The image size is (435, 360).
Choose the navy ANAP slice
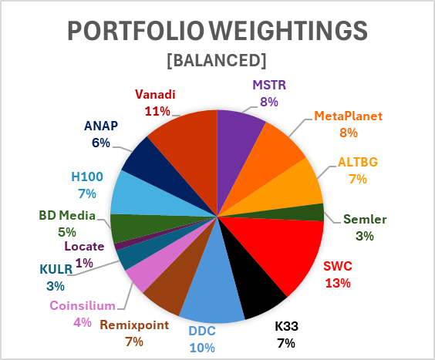click(x=155, y=167)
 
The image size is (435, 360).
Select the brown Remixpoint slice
click(x=180, y=283)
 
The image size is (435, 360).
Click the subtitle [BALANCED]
click(x=217, y=60)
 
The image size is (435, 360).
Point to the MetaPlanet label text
click(x=348, y=116)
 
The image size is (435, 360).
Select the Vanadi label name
click(x=155, y=95)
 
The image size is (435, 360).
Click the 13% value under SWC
click(x=338, y=283)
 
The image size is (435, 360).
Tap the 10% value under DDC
click(x=202, y=348)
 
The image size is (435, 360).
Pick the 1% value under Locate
click(x=84, y=263)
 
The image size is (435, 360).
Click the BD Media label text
click(x=67, y=216)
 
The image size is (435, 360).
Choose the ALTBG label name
click(x=358, y=162)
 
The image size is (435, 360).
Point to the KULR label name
click(x=56, y=269)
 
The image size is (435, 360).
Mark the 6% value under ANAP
click(x=101, y=143)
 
